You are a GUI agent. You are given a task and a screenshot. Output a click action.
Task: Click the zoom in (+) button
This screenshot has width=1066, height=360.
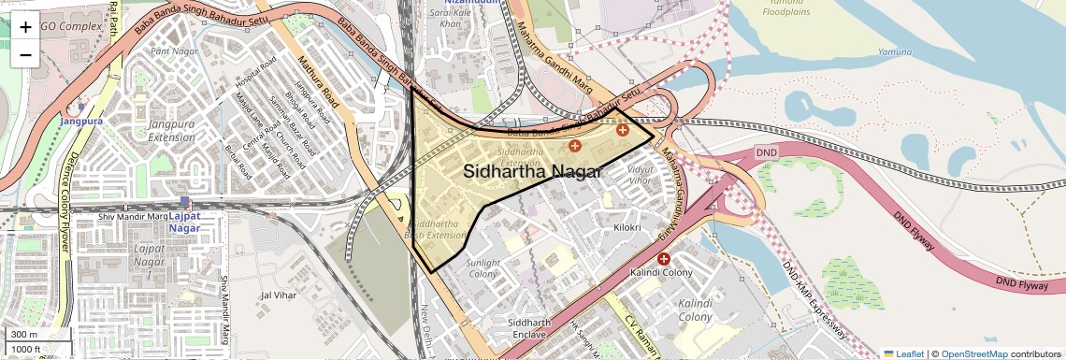[25, 27]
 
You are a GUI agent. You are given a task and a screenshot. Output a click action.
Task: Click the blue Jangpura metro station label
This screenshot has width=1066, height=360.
[81, 122]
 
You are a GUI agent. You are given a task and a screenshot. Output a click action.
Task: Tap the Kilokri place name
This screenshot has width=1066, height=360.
[627, 227]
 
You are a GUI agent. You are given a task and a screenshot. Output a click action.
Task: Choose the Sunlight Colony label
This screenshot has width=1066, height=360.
[483, 268]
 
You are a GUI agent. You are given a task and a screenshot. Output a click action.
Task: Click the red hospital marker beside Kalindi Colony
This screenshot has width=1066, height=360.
[664, 258]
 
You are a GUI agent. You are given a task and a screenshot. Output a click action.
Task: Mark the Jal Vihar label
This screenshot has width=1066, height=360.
[279, 295]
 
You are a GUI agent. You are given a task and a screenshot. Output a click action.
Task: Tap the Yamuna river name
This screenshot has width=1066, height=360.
[894, 51]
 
